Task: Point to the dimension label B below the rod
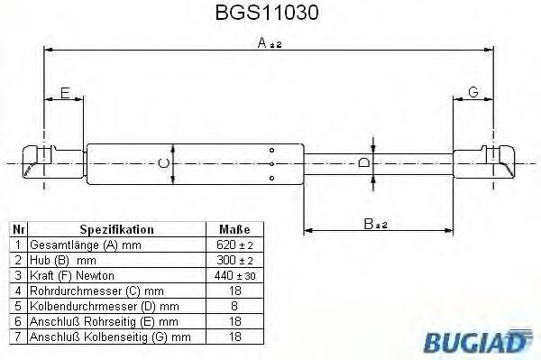tap(372, 223)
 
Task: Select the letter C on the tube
tap(162, 163)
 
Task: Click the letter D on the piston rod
tap(363, 163)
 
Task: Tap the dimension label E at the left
tap(65, 91)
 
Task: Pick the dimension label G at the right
tap(473, 91)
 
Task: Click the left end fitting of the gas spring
tap(41, 162)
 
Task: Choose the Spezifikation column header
tap(116, 229)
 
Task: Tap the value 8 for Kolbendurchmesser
tap(234, 306)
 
